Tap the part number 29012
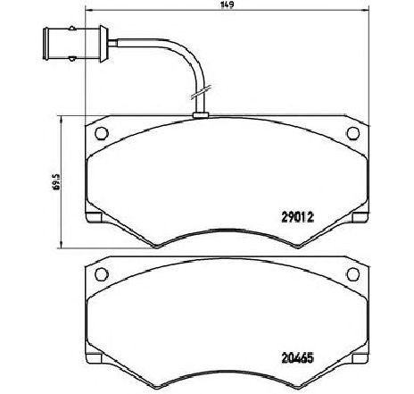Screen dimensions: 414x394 tap(297, 217)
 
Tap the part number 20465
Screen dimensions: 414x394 tap(297, 357)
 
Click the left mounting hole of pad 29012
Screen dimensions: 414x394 tap(102, 133)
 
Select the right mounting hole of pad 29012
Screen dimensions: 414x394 tap(353, 133)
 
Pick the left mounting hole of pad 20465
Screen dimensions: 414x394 tap(102, 273)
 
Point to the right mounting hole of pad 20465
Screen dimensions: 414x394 tap(353, 273)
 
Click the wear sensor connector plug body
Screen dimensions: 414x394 tap(72, 44)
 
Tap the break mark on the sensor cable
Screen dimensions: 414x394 tap(200, 92)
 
